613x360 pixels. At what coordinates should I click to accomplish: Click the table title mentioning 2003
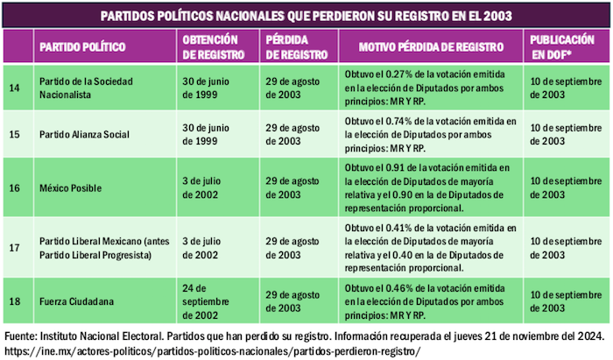click(x=306, y=16)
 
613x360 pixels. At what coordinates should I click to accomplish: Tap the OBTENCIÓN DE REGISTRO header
click(x=211, y=46)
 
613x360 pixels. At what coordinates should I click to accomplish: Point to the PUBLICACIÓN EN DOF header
click(x=566, y=46)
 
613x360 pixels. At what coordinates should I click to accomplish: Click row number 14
click(x=13, y=88)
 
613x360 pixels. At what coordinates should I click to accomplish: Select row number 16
click(x=13, y=187)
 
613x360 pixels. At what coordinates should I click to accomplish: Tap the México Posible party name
click(x=70, y=187)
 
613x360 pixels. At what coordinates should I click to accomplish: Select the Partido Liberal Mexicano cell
click(x=100, y=248)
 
